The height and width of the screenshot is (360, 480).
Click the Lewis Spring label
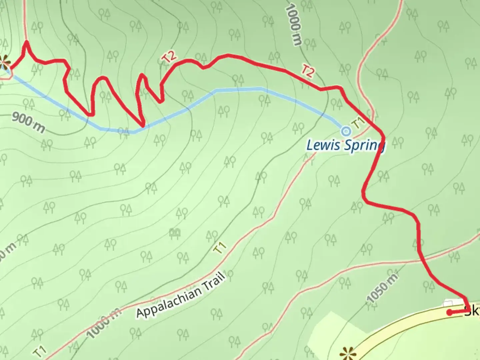[345, 146]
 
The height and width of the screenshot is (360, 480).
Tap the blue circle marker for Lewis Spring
[346, 131]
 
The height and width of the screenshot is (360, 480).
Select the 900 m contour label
[28, 122]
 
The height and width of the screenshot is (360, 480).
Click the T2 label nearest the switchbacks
[169, 57]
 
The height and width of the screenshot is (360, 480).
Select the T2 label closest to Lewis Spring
[308, 71]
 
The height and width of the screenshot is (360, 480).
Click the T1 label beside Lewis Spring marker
[358, 123]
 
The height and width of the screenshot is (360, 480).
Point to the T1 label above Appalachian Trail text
[220, 248]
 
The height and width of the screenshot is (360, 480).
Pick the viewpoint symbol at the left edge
[4, 62]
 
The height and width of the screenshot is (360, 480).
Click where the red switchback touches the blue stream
[143, 126]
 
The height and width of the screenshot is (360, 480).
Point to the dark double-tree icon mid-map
[175, 232]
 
